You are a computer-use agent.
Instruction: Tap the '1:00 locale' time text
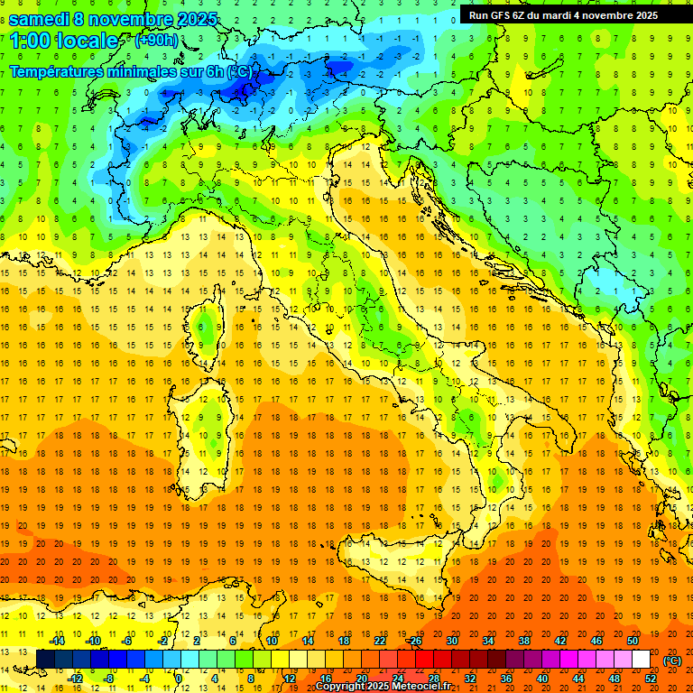(64, 41)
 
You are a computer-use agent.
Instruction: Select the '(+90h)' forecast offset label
(156, 40)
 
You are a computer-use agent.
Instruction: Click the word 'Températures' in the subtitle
(56, 71)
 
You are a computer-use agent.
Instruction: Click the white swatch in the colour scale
(641, 660)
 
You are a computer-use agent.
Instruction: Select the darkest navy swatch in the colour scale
(45, 660)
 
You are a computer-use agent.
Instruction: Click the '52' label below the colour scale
(651, 679)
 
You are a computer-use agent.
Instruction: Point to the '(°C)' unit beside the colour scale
(672, 660)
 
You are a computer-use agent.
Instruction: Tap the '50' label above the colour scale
(633, 641)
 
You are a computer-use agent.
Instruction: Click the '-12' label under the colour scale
(75, 679)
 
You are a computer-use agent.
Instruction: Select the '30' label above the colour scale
(452, 641)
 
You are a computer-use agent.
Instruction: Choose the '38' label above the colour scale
(524, 641)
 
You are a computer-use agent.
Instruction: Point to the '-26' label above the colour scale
(414, 641)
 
